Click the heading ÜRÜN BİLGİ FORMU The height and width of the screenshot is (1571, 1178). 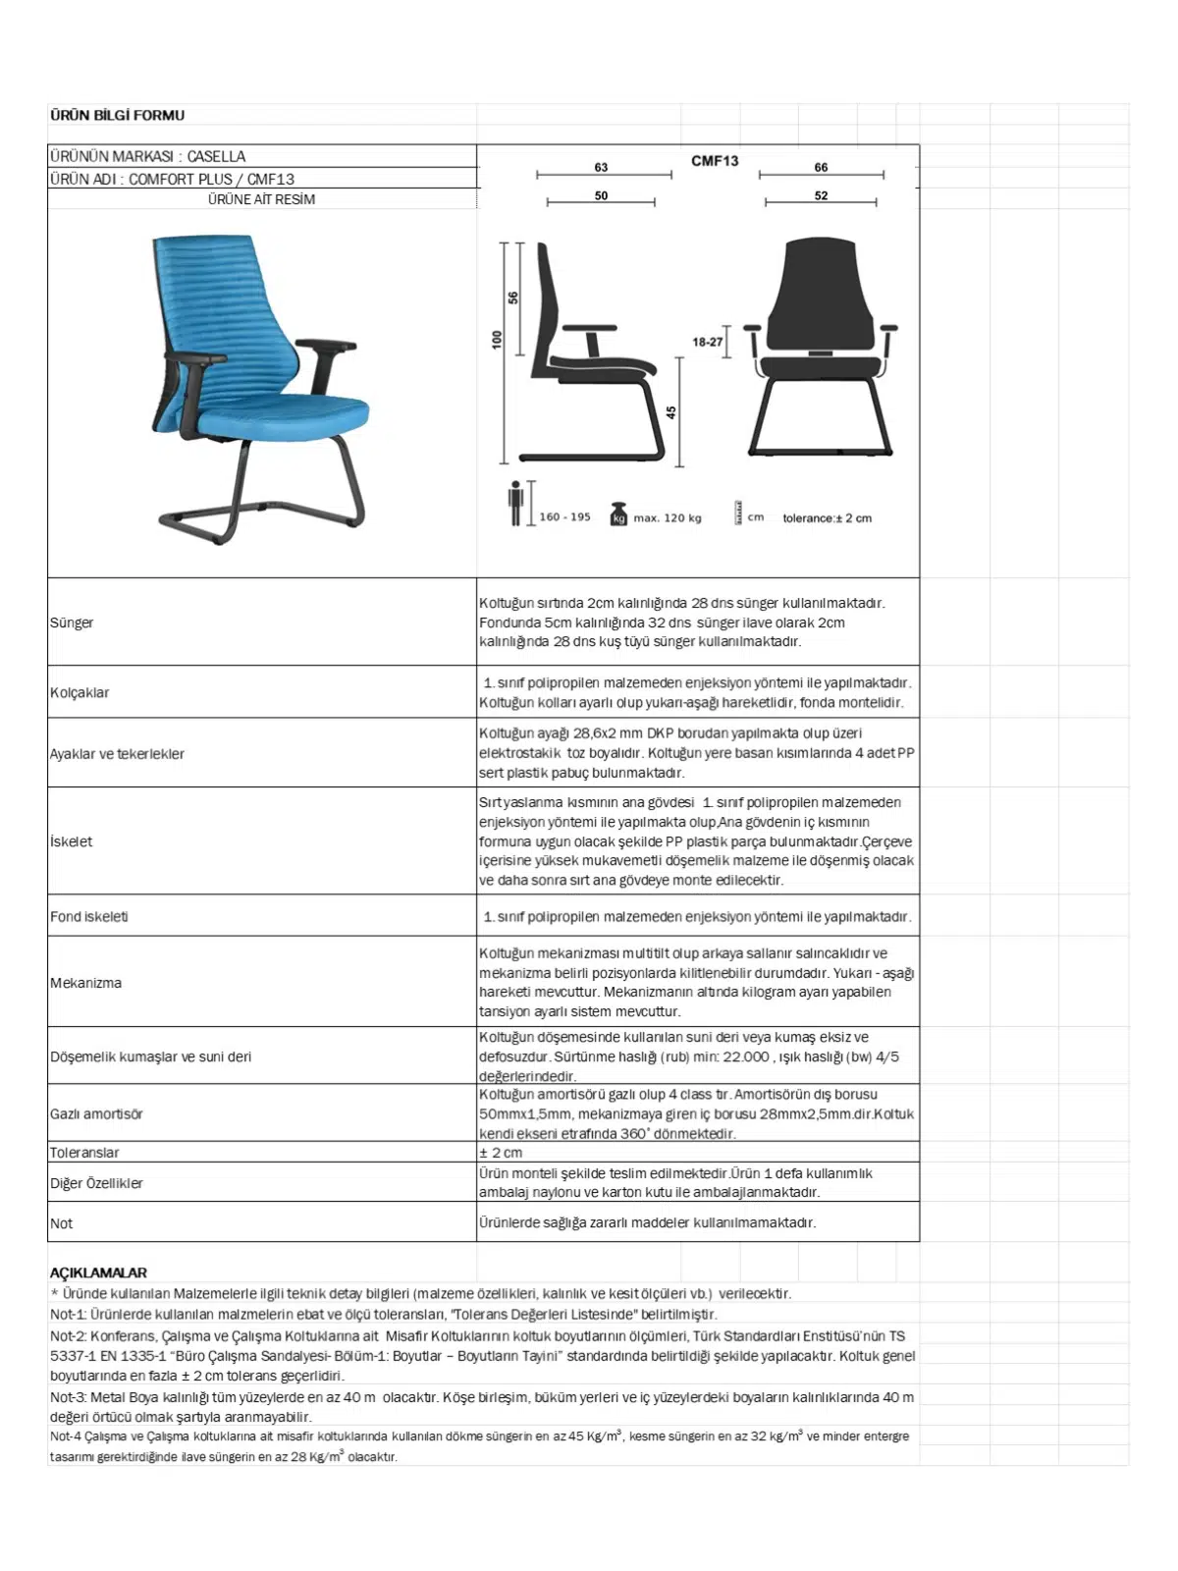[x=117, y=116]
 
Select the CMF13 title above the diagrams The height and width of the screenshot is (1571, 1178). [x=715, y=161]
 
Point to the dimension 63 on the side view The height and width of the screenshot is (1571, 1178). [x=601, y=167]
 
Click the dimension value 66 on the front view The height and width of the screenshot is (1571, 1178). [x=821, y=167]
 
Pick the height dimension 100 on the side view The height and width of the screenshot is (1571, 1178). [x=498, y=339]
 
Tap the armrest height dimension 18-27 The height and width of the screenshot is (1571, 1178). [x=707, y=342]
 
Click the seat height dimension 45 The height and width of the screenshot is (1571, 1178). [x=671, y=412]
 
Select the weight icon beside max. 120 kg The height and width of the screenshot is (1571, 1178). [x=618, y=515]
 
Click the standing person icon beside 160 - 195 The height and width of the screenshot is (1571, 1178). [x=516, y=504]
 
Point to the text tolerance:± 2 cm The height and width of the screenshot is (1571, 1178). [x=827, y=518]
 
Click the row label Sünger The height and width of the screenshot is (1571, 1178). [x=72, y=623]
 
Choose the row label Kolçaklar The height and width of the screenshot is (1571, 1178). [x=80, y=693]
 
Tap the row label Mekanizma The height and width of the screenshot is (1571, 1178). [x=86, y=983]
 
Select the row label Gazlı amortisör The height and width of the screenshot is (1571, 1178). [x=96, y=1114]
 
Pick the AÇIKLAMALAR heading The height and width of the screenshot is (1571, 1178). [x=98, y=1273]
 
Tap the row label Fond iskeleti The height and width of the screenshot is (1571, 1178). [x=89, y=917]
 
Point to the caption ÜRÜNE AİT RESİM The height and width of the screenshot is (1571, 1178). [x=261, y=199]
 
